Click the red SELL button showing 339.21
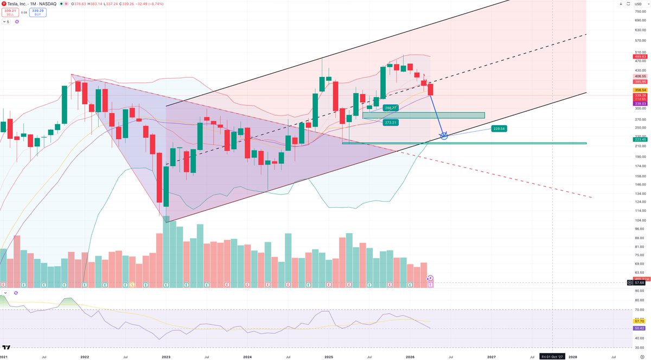coord(8,11)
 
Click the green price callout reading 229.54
coord(499,129)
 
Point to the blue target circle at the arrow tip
coord(444,135)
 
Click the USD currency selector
coord(638,4)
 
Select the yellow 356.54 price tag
coord(640,90)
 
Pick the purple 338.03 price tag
coord(640,104)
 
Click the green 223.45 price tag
coord(640,139)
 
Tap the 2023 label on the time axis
coord(165,357)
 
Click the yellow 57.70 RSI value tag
coord(640,322)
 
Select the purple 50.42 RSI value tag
coord(640,328)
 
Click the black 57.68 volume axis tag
coord(640,282)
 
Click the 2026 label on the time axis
coord(410,357)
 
